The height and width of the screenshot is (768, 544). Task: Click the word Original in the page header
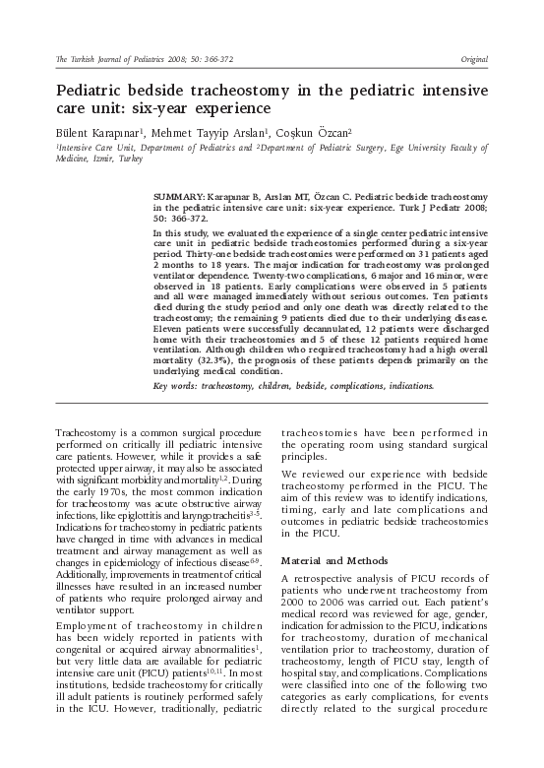click(473, 60)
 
